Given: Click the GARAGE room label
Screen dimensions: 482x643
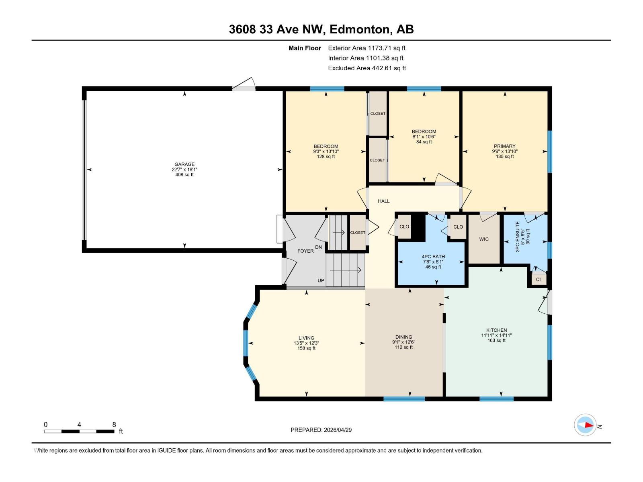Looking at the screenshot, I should (184, 164).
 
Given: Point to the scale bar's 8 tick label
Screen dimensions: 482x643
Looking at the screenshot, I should (114, 425).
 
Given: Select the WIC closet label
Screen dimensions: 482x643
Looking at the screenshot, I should (484, 239).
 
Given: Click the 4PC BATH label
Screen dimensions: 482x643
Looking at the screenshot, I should (433, 257).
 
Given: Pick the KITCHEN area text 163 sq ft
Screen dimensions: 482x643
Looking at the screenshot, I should (496, 341).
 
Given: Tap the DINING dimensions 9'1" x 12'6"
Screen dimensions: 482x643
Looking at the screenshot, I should (403, 342).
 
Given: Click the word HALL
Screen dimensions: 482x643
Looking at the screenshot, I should (383, 201).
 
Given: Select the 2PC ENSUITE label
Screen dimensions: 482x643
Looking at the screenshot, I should (518, 237).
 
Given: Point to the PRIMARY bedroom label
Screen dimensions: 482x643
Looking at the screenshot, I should (504, 146).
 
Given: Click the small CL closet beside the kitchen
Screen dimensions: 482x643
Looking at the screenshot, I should (539, 280).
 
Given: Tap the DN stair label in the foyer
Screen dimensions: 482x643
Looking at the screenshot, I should (318, 247).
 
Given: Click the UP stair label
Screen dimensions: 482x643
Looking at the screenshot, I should (321, 280).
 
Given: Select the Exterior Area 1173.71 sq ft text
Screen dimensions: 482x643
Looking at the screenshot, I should (367, 48).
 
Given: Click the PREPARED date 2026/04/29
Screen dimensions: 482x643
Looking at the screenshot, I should (321, 430).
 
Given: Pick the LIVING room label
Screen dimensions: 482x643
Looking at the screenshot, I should (306, 338).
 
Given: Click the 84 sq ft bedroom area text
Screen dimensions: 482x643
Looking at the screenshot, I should (424, 142).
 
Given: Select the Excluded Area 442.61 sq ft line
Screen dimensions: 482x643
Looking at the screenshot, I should (367, 68).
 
